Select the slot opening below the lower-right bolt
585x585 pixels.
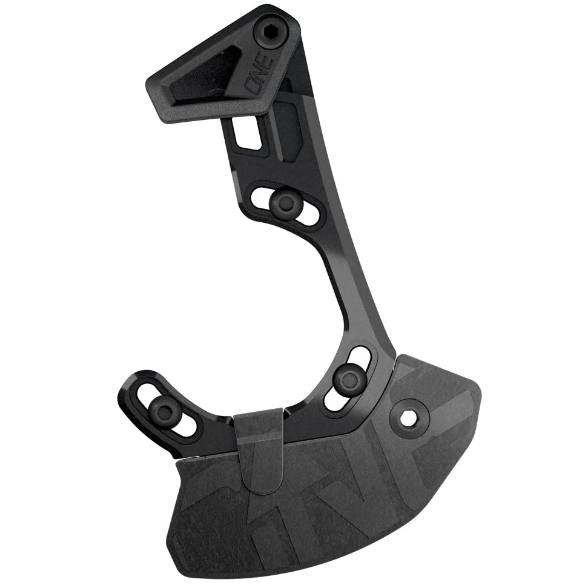pyautogui.click(x=335, y=400)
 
